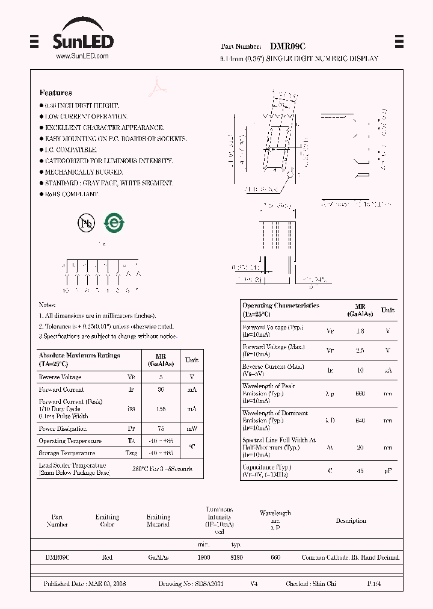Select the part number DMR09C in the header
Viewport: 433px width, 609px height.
[287, 46]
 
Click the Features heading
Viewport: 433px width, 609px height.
[55, 93]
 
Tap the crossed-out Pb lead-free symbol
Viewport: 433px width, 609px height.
[87, 223]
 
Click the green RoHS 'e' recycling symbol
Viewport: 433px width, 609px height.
[114, 223]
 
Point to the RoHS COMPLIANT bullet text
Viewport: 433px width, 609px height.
[72, 194]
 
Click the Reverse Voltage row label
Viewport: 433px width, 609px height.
[60, 377]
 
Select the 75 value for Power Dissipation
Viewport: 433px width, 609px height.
[161, 428]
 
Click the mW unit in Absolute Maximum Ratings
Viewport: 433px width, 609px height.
[191, 428]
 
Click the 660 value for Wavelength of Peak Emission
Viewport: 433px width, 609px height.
[360, 394]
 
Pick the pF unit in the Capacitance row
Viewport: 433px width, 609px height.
[388, 471]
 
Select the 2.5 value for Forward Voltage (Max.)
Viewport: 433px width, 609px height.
[360, 350]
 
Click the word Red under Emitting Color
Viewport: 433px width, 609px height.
[107, 558]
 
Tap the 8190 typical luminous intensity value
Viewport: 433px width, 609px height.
[236, 558]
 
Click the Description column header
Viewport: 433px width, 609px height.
[351, 521]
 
